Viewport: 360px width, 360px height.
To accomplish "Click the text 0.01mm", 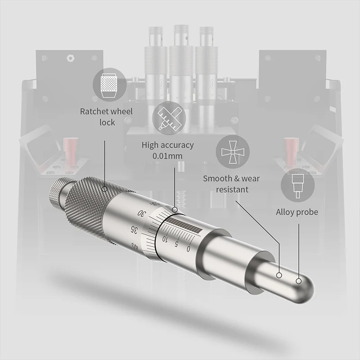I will [x=167, y=156].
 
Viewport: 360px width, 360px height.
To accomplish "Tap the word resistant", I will [x=232, y=189].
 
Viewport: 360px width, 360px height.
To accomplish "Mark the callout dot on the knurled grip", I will [x=104, y=189].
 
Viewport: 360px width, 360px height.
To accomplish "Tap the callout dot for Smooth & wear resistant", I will [x=279, y=274].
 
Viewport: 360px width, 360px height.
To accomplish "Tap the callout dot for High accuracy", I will [x=175, y=210].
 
